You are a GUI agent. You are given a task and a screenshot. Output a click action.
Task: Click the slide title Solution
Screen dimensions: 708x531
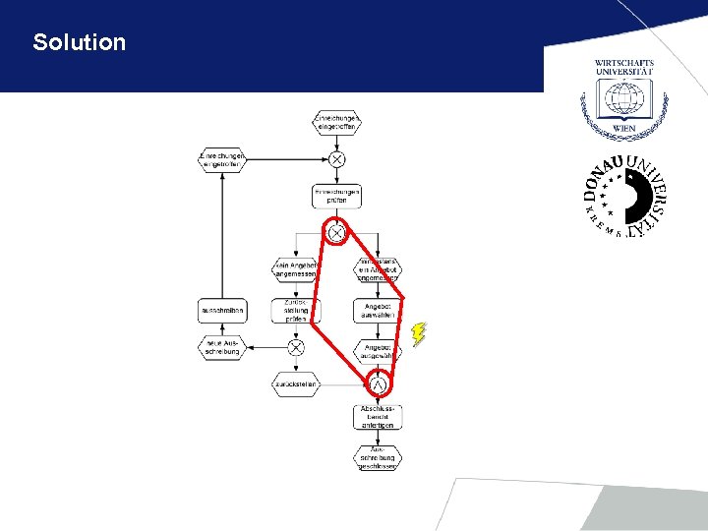[x=80, y=42]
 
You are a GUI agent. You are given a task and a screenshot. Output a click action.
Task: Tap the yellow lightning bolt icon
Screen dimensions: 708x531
[x=419, y=334]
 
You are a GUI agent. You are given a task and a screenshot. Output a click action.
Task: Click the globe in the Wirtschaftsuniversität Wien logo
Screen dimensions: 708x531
[x=623, y=98]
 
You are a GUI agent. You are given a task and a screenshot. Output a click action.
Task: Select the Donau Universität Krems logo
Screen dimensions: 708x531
[x=624, y=198]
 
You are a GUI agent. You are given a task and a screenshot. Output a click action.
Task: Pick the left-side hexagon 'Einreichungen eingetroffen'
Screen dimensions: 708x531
[x=221, y=159]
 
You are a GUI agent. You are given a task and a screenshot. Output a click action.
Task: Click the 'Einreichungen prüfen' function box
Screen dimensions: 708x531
[x=336, y=195]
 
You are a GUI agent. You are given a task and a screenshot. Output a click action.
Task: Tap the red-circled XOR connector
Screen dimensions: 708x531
[x=336, y=233]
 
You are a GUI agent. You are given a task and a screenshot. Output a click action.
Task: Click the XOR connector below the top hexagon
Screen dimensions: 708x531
[x=336, y=159]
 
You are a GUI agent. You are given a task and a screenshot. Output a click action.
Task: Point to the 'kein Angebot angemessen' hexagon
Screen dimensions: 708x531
[x=296, y=269]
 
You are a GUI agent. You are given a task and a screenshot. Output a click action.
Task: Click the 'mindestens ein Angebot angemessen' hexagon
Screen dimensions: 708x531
[x=378, y=269]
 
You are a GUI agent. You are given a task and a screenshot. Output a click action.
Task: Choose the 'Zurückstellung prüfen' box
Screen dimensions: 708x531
[x=296, y=311]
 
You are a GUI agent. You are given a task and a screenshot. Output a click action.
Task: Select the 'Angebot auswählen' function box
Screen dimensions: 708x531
[x=378, y=311]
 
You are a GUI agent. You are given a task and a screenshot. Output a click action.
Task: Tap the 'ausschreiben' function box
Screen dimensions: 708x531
[x=221, y=311]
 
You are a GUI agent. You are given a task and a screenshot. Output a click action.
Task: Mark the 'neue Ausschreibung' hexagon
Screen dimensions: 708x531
[x=221, y=347]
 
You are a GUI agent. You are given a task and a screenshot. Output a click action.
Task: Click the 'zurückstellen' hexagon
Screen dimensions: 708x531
[x=296, y=384]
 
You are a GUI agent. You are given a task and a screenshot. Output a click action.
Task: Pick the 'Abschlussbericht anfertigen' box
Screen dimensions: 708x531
[x=378, y=417]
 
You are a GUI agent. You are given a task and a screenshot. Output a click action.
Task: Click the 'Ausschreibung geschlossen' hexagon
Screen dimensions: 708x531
[x=378, y=457]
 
